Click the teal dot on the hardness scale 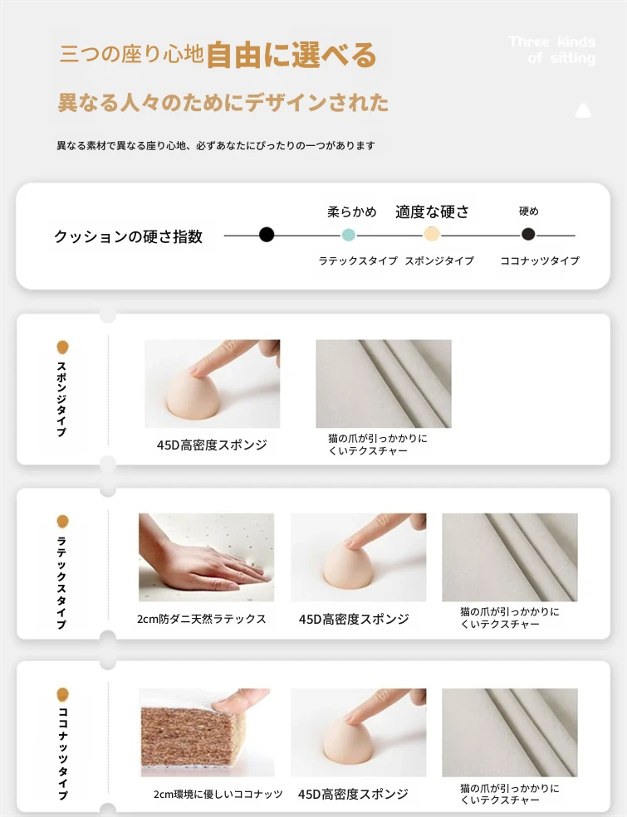(349, 235)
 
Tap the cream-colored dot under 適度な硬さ (431, 234)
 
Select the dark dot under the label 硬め (528, 235)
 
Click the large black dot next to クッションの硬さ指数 (267, 235)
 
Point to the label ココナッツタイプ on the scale (540, 260)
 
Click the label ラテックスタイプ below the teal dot (358, 260)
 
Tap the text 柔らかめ (352, 212)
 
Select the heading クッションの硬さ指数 (129, 236)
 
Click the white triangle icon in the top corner (583, 110)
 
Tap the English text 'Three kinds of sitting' (552, 50)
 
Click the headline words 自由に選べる (291, 56)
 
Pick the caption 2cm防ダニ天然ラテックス (201, 619)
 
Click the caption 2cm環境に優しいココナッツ (218, 794)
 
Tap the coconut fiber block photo (207, 732)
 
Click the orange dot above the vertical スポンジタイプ (62, 347)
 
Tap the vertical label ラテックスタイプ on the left (62, 582)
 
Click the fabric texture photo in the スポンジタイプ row (384, 384)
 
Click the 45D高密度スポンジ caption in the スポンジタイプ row (212, 445)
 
